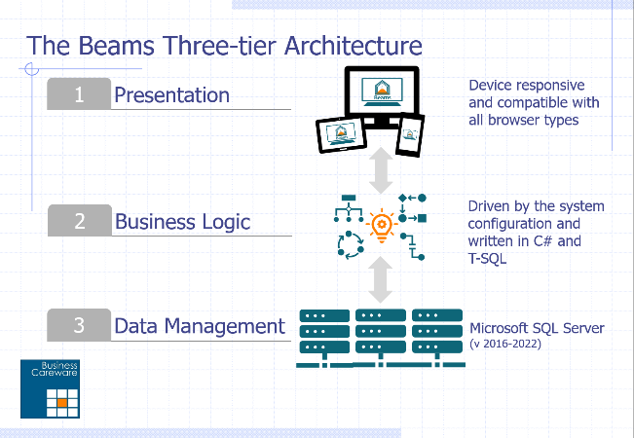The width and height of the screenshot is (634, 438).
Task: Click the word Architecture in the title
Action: pos(353,45)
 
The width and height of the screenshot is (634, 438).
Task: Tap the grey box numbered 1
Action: pos(79,93)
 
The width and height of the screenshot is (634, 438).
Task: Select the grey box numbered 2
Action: pos(80,221)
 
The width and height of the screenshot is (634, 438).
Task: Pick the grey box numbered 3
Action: pos(79,325)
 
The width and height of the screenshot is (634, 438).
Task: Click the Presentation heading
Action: pos(171,95)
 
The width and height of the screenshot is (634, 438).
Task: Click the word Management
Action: pos(225,326)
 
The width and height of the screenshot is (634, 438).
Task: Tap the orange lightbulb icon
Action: pos(382,226)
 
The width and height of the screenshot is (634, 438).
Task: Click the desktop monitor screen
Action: pos(382,92)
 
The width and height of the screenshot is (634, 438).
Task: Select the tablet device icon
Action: pos(341,135)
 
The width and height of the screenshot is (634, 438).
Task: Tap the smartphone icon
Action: pos(410,134)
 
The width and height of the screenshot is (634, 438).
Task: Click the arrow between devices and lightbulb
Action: pos(381,170)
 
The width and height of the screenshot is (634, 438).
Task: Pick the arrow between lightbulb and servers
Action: pos(381,279)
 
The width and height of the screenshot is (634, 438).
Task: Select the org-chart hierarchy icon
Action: pos(349,208)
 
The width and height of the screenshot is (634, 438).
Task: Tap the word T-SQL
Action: pos(487,258)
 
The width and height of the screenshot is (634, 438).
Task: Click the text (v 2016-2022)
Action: pos(505,344)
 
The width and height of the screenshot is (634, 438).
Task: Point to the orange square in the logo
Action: pos(62,403)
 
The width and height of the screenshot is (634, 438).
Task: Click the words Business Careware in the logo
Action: pos(55,369)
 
